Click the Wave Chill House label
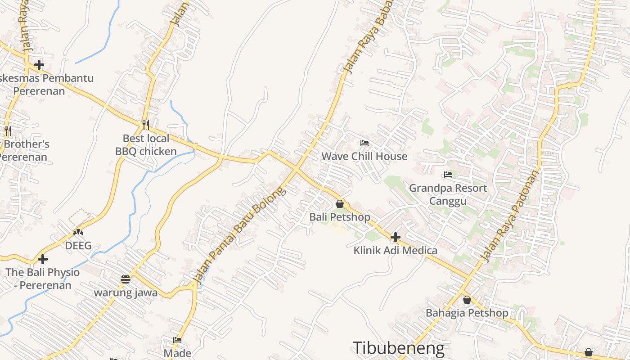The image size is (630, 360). coord(364,157)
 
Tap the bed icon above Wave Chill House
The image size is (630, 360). coord(364,144)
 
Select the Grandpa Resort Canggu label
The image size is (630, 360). coord(448,194)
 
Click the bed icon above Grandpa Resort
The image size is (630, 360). coord(448,175)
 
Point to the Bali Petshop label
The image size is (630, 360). coord(340,217)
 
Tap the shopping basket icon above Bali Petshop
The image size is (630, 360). coord(340,204)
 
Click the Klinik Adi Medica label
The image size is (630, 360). coord(395,250)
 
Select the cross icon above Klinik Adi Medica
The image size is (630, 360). coord(396,237)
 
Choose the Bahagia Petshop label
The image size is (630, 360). coord(467,313)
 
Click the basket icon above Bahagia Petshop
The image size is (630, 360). coord(467,300)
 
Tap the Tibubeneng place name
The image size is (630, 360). coord(398,348)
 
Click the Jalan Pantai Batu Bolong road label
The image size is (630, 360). coord(239,236)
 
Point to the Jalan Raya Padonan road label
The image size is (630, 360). coord(510,216)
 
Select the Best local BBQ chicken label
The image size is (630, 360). coord(146,144)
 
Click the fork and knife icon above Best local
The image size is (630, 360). coord(145,125)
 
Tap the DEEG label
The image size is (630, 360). coord(78,246)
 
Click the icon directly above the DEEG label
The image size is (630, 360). coord(78,232)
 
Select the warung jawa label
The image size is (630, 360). coord(126,292)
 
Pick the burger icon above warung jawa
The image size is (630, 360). coord(126,279)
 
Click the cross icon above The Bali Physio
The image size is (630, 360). coord(43,259)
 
